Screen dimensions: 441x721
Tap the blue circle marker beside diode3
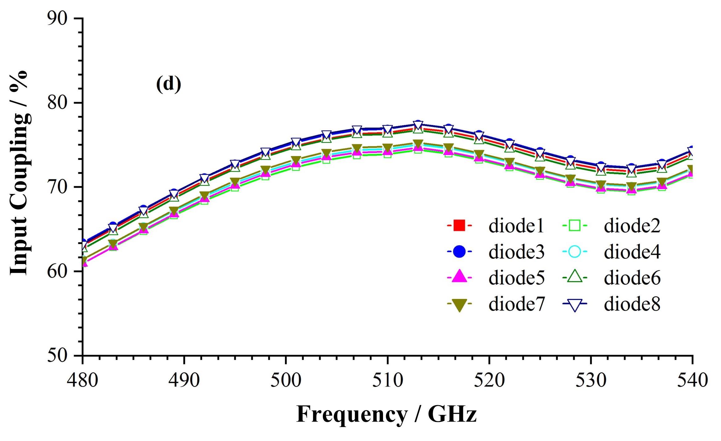459,252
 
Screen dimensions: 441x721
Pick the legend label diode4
632,252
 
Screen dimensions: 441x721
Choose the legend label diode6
632,278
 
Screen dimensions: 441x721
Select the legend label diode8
632,304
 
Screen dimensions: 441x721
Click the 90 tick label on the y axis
57,19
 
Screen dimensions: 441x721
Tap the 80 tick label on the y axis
57,103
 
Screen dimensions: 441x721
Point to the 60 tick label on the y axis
57,271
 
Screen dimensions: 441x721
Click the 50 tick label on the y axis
57,356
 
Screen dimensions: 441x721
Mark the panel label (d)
168,84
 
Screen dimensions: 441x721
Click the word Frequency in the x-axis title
352,415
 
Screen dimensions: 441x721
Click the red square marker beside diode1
459,225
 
